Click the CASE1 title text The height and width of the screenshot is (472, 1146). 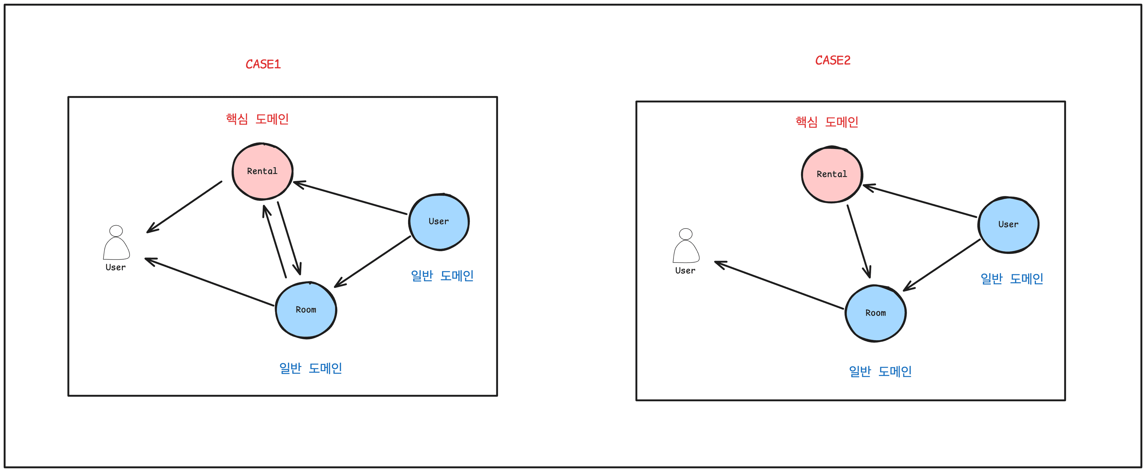(x=263, y=64)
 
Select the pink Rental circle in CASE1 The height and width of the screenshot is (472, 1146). (x=263, y=171)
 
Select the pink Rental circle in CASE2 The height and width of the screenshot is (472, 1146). (x=832, y=174)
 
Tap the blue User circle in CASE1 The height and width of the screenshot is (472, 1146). (x=439, y=222)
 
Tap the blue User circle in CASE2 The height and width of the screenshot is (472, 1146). (x=1008, y=225)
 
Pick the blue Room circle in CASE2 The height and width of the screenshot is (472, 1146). (x=876, y=313)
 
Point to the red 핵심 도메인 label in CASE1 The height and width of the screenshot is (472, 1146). (x=257, y=119)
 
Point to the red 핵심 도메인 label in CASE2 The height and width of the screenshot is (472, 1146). (x=827, y=122)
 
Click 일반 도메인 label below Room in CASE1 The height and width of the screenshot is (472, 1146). (x=310, y=368)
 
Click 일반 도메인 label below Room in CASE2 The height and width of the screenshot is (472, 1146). (x=880, y=371)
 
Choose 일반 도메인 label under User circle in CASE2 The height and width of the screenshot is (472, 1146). (x=1012, y=279)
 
